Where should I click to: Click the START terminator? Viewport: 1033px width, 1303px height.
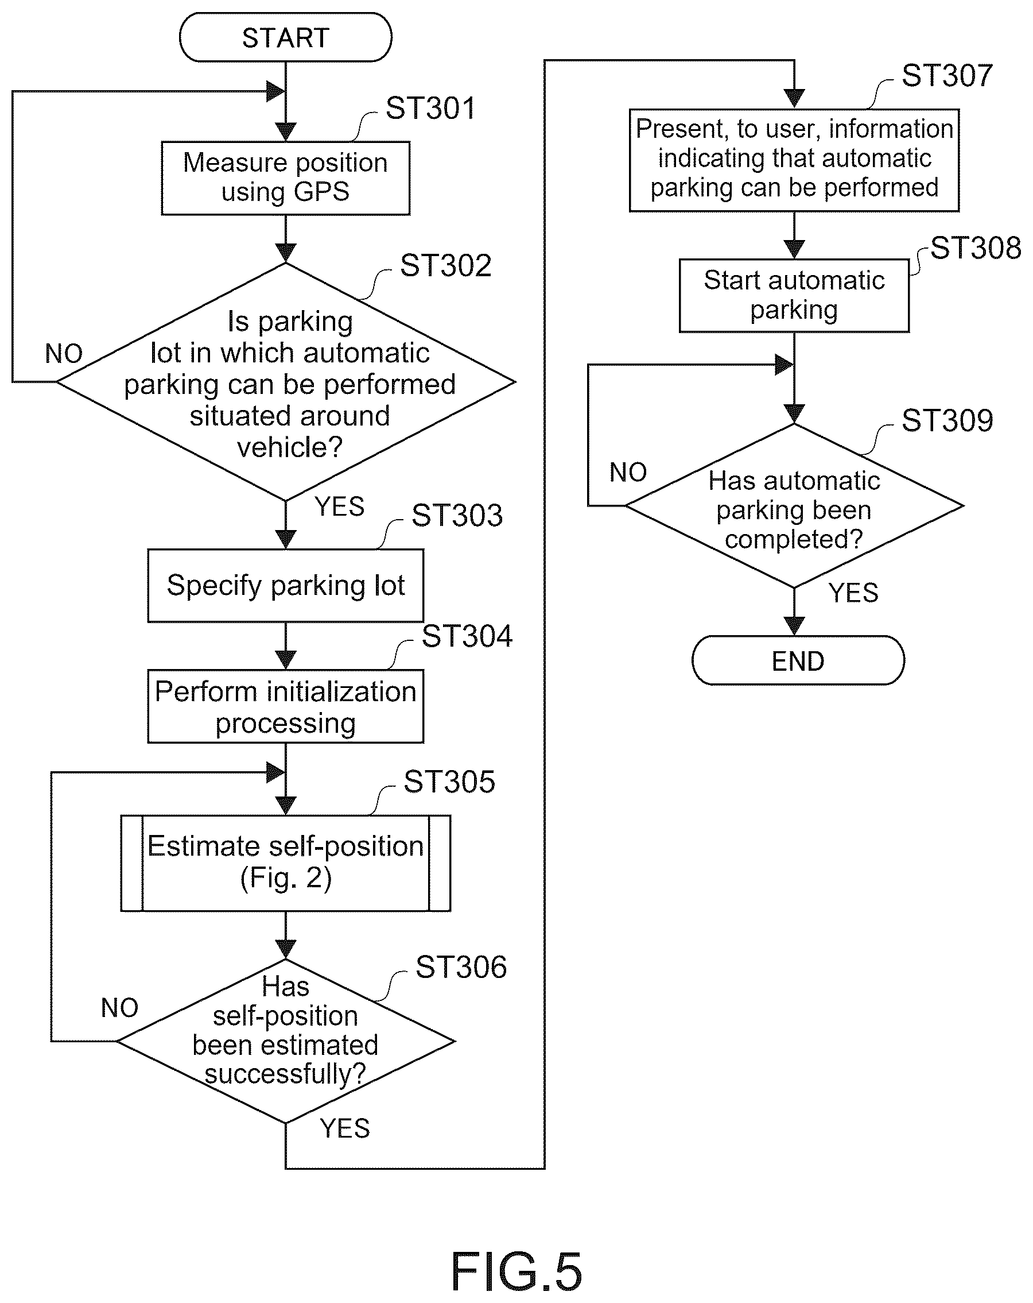(285, 37)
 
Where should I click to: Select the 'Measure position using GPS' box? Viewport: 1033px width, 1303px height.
(285, 178)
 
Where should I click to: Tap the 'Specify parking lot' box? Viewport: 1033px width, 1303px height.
(285, 586)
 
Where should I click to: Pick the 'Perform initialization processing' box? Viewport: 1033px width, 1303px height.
(285, 706)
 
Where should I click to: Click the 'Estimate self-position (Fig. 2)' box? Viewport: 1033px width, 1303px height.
(285, 863)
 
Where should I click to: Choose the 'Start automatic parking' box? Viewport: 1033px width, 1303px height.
(794, 296)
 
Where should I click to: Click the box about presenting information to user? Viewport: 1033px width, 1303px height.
(794, 160)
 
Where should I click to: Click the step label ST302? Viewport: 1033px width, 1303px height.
(446, 266)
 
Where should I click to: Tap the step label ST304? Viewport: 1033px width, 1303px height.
(467, 636)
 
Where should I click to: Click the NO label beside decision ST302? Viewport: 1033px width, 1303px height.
(64, 354)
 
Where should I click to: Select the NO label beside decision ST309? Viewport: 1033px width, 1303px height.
(628, 472)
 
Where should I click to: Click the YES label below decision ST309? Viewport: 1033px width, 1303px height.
(853, 593)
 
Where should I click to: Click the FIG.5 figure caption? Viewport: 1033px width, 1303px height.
(516, 1271)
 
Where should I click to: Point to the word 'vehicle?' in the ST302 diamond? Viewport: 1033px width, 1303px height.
(290, 448)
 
